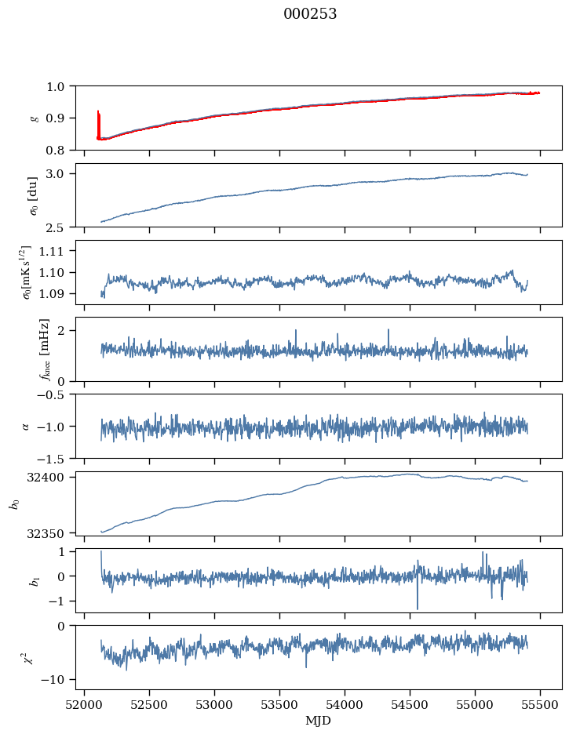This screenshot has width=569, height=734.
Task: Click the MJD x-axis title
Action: tap(318, 720)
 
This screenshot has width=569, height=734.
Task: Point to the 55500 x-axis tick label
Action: tap(540, 704)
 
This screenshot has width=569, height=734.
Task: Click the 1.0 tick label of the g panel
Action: tap(58, 86)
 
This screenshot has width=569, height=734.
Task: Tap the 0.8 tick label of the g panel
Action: tap(58, 150)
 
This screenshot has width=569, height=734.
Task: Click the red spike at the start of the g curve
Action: tap(98, 122)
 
